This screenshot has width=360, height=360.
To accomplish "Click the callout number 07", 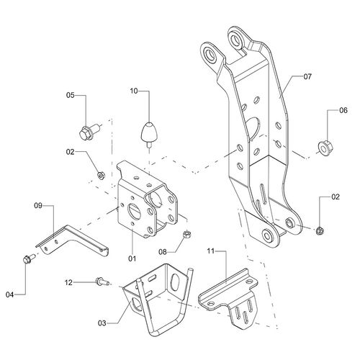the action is point(307,76).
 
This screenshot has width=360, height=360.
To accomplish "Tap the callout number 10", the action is point(134,91).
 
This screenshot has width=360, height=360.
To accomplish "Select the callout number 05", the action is point(71,95).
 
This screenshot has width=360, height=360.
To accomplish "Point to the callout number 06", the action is point(343,110).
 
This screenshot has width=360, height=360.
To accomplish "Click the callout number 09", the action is point(38,206).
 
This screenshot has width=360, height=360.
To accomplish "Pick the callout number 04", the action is point(10,294).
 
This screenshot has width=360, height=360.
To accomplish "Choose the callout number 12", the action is point(68,282).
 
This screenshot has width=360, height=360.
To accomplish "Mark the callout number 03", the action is point(102,323).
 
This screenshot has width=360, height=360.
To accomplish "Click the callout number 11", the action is point(210,251).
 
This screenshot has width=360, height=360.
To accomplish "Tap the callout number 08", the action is point(163,252).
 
